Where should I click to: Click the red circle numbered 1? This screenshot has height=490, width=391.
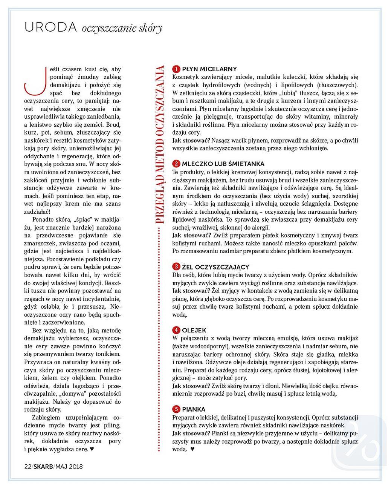tap(176, 69)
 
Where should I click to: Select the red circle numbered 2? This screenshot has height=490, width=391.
tap(176, 164)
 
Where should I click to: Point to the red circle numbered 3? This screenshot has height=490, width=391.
tap(176, 267)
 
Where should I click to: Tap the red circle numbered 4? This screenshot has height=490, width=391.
tap(176, 330)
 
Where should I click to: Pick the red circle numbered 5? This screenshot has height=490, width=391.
tap(176, 409)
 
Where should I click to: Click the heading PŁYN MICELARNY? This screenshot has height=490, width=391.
tap(209, 69)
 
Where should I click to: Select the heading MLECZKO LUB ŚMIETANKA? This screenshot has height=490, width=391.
tap(223, 164)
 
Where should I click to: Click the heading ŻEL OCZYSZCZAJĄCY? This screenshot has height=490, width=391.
tap(215, 267)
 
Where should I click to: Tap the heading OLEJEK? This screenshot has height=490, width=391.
tap(194, 330)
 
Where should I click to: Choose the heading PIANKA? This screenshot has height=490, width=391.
tap(194, 409)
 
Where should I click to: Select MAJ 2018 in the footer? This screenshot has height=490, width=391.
tap(69, 467)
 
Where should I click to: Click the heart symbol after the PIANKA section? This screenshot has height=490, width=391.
tap(192, 449)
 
